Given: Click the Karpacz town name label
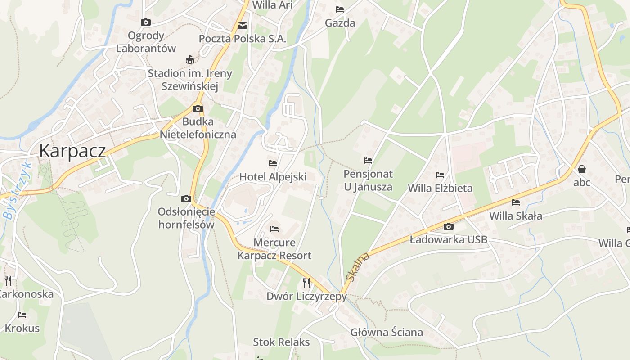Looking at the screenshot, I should (72, 151).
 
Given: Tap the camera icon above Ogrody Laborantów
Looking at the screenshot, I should (145, 22).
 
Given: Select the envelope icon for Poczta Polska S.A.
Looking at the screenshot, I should (243, 26).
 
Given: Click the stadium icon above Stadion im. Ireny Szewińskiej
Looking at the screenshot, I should (190, 59).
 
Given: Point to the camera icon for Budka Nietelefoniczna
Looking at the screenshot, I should (198, 108).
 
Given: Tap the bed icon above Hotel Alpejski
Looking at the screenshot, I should (272, 163).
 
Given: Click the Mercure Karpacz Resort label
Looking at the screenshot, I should (274, 249).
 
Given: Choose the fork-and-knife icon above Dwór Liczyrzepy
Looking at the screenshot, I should (306, 283).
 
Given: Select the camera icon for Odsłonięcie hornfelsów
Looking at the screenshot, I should (186, 198).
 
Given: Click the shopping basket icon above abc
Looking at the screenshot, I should (582, 169).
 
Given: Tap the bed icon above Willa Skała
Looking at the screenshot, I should (515, 202).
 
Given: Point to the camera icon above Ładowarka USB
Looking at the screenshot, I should (448, 226).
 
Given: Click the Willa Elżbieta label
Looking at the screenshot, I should (440, 188).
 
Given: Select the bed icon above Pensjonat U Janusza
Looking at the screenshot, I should (368, 161).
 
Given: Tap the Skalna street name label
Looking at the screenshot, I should (358, 266).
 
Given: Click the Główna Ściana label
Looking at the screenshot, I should (387, 333).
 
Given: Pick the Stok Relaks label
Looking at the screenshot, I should (281, 342).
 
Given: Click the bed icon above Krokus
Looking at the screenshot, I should (22, 315).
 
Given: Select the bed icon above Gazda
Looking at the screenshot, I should (340, 9).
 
